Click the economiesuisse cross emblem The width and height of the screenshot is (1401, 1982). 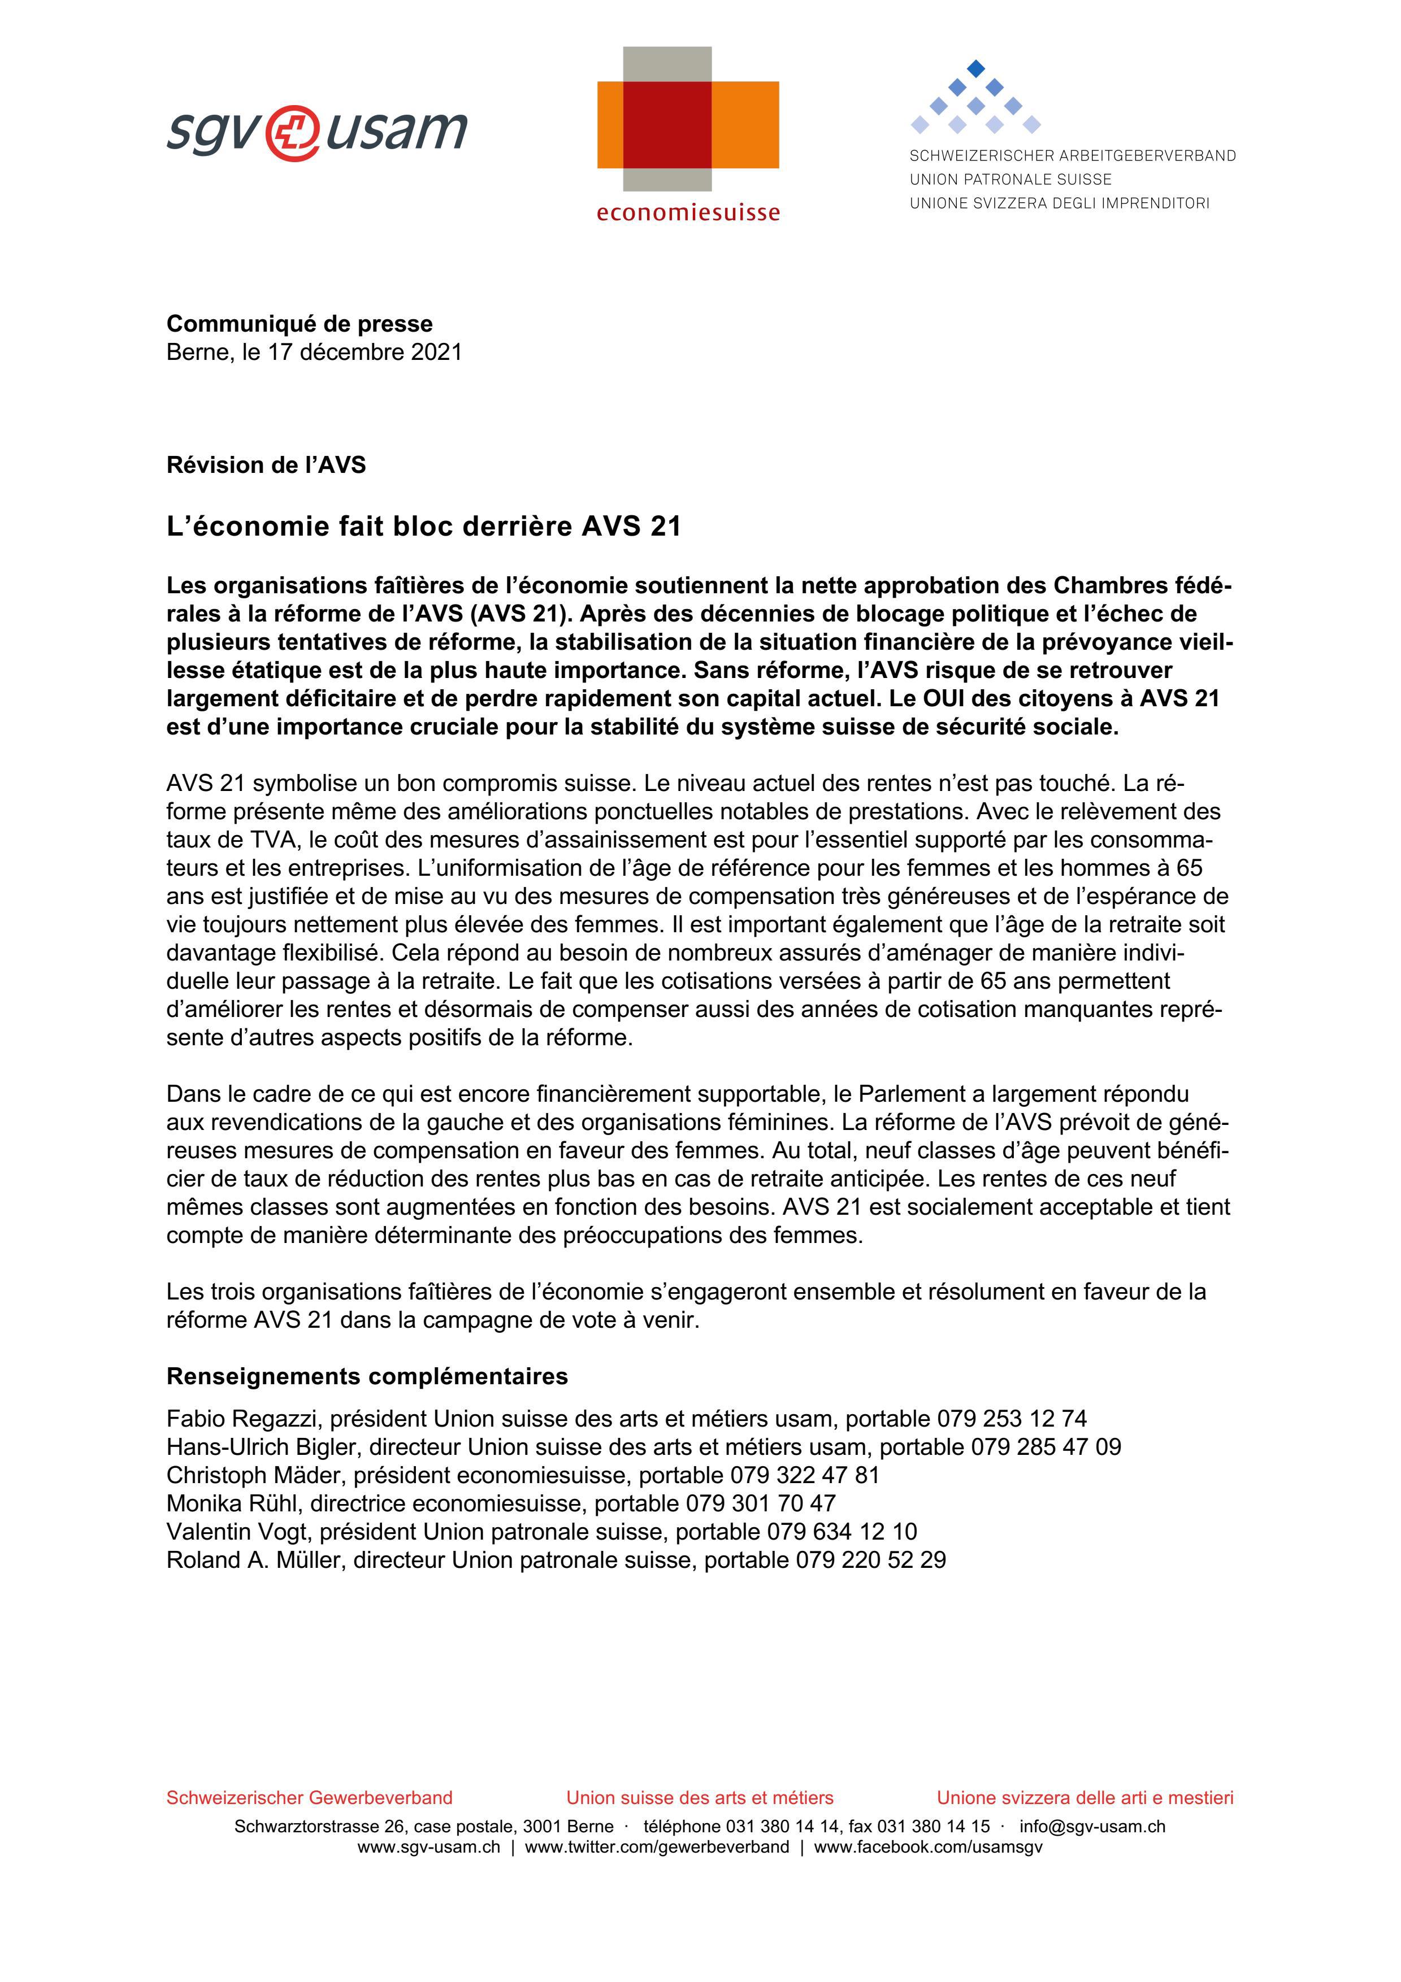point(687,120)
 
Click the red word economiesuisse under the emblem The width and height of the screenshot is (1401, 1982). point(687,212)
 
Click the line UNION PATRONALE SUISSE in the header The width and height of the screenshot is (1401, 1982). point(1010,180)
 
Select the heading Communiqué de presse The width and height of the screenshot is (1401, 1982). point(300,324)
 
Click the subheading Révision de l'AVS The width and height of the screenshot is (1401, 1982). point(266,466)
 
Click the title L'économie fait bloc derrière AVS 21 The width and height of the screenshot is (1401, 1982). point(423,527)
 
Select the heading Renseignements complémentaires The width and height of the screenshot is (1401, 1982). point(367,1376)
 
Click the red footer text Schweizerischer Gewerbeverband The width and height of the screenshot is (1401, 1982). point(309,1797)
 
